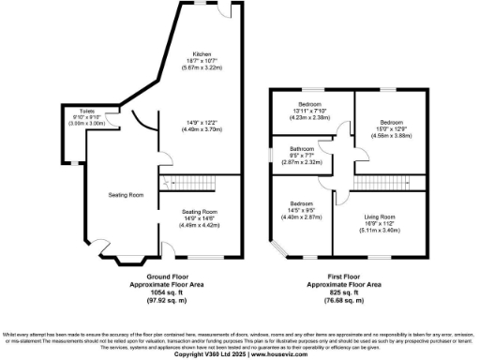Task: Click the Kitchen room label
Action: (201, 53)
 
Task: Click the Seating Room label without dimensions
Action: (124, 195)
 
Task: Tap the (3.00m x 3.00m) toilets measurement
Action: (78, 124)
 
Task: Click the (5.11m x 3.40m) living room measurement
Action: (380, 232)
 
